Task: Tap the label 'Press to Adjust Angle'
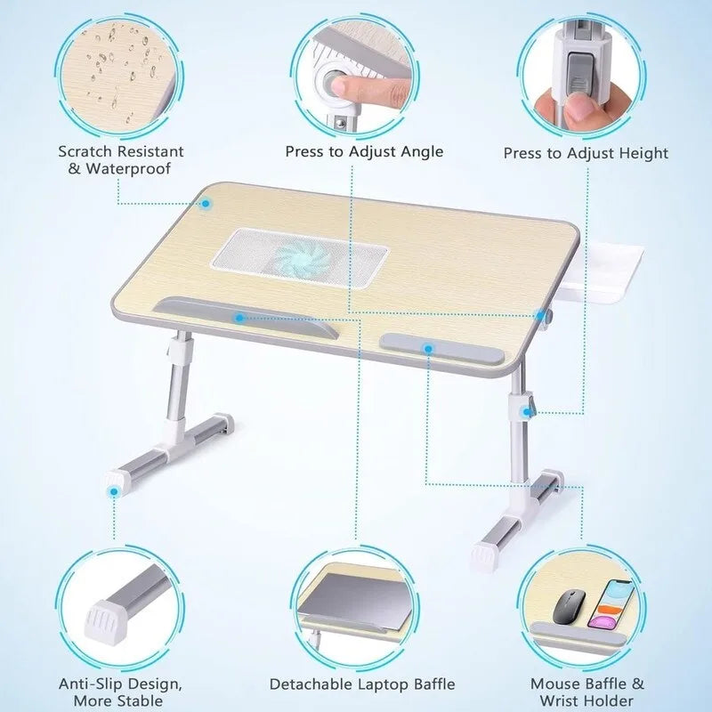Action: tap(363, 151)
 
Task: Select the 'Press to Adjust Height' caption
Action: tap(585, 153)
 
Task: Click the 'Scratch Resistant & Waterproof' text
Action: tap(120, 160)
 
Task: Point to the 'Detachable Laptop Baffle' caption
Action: tap(362, 684)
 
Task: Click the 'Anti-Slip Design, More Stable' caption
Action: tap(121, 692)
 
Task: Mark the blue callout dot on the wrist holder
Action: tap(427, 349)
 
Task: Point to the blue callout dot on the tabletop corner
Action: tap(206, 203)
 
